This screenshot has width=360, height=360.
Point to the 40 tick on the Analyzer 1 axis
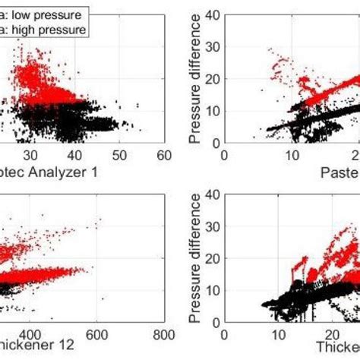[x=74, y=155]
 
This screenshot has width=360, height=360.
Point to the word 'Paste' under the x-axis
[x=340, y=173]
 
